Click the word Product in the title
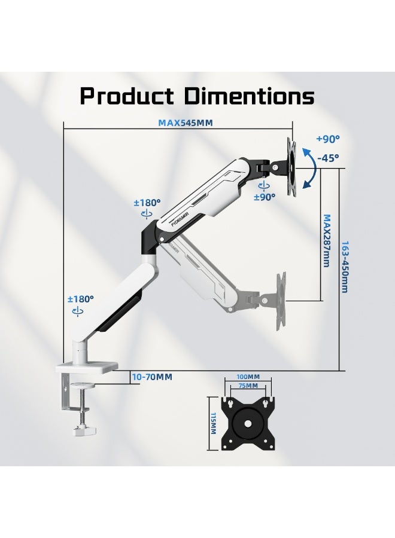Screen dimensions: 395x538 click(x=126, y=96)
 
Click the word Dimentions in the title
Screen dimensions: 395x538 click(x=250, y=96)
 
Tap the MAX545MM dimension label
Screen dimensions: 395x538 click(x=186, y=123)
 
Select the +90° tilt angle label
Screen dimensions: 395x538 click(x=328, y=139)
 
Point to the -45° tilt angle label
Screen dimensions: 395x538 click(x=328, y=158)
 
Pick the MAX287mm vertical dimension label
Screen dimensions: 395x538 click(x=327, y=240)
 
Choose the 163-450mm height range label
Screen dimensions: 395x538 click(x=345, y=267)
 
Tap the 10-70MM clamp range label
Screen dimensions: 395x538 click(x=152, y=377)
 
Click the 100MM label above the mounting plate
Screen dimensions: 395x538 click(x=248, y=377)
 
